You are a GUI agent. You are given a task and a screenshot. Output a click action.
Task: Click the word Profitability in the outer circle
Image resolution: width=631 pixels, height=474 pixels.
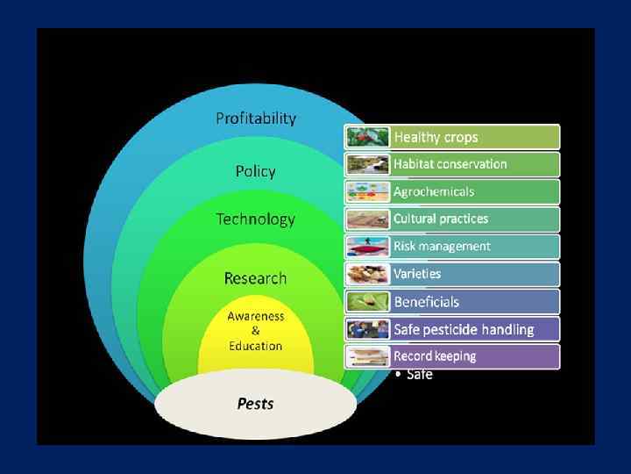point(256,118)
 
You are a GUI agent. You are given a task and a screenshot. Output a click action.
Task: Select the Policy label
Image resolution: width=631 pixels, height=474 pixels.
point(255,171)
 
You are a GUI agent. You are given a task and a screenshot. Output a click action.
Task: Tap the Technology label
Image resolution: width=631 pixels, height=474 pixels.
point(255,219)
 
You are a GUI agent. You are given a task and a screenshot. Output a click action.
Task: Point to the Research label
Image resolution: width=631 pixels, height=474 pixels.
point(255,278)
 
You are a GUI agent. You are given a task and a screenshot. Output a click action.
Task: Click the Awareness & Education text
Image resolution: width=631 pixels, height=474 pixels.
point(255,331)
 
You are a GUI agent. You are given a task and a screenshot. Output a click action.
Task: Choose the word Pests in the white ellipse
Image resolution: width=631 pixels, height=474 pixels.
point(255,404)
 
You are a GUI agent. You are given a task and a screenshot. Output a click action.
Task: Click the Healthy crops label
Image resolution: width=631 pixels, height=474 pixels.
point(436,137)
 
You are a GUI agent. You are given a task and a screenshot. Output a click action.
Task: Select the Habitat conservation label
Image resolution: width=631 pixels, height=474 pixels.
point(450,164)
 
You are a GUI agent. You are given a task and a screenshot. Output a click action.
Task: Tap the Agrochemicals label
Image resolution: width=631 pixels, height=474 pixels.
point(433,191)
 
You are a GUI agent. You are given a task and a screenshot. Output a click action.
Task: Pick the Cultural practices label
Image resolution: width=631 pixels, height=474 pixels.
point(440,219)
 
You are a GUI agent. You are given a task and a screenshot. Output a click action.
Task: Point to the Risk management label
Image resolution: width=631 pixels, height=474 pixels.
point(442,247)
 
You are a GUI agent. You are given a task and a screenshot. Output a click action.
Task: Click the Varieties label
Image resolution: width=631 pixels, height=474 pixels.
point(417,274)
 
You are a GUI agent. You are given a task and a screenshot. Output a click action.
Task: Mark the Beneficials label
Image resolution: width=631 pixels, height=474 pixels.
point(426,302)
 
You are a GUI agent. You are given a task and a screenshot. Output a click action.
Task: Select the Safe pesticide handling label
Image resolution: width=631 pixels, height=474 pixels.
point(464,330)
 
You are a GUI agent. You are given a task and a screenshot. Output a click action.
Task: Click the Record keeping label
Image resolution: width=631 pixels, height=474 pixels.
point(435,356)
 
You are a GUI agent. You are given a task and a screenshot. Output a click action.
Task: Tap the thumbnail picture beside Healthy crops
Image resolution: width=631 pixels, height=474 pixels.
point(368,137)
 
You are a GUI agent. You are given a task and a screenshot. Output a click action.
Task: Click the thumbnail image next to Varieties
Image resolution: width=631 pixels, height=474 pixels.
point(368,274)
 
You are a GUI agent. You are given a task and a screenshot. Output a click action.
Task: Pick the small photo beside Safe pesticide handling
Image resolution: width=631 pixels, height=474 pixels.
point(368,330)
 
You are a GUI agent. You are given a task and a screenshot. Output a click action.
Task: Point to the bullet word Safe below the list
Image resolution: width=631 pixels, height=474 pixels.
point(419,375)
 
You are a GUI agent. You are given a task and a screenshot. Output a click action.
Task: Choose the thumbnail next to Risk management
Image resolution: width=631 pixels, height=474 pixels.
point(368,247)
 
